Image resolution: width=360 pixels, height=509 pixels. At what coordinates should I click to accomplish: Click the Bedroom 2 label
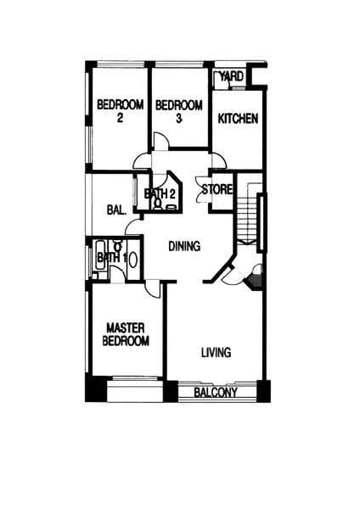[x=121, y=111]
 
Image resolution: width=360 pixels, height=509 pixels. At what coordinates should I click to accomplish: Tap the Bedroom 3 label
[x=178, y=111]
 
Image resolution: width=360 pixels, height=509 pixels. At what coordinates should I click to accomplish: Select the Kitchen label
[x=238, y=119]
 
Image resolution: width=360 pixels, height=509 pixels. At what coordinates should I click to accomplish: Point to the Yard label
[x=231, y=76]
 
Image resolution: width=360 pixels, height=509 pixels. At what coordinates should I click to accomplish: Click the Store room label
[x=217, y=189]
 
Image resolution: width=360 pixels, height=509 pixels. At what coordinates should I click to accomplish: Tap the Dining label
[x=184, y=246]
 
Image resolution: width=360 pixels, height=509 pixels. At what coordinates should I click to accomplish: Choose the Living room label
[x=216, y=352]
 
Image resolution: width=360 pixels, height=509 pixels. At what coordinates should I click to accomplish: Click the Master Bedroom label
[x=126, y=334]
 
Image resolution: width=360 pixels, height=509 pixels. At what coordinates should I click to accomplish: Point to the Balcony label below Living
[x=216, y=393]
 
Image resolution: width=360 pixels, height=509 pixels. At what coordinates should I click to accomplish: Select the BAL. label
[x=116, y=210]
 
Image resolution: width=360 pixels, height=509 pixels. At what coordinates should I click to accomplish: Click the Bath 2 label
[x=160, y=193]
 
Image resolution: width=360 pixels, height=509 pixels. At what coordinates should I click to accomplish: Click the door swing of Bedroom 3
[x=160, y=141]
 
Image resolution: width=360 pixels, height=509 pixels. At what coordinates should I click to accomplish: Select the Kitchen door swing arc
[x=219, y=160]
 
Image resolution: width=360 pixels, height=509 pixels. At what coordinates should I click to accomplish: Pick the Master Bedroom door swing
[x=152, y=288]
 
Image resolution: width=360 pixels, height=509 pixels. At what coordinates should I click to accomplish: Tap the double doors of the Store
[x=202, y=189]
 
